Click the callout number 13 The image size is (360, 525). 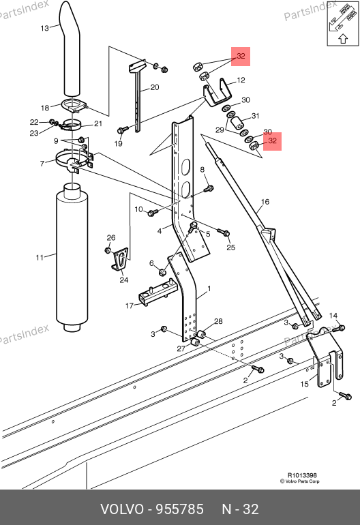[44, 28]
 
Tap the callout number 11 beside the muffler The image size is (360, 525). [40, 258]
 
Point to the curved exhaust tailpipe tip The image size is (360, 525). [70, 48]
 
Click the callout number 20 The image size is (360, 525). [154, 87]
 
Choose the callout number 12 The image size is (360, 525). [241, 80]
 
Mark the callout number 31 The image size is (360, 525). [255, 116]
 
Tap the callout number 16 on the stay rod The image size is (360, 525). [265, 202]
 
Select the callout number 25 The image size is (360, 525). [230, 247]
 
